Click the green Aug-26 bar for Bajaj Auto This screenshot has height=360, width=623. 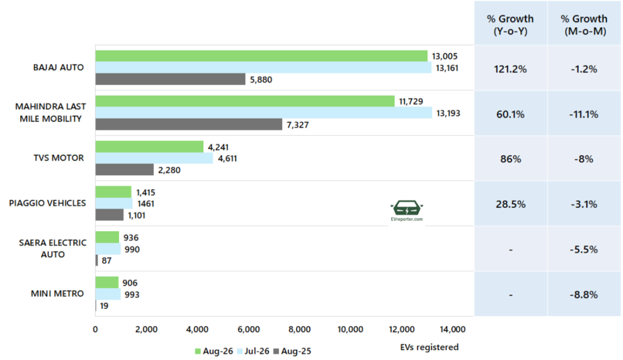click(x=262, y=56)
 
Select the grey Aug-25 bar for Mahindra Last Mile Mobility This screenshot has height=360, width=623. click(x=189, y=125)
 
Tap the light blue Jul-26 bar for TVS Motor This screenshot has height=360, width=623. click(x=154, y=158)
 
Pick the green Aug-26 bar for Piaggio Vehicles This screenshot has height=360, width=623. click(x=113, y=192)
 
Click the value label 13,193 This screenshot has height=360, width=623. click(x=448, y=113)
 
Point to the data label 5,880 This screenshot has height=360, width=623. click(x=261, y=80)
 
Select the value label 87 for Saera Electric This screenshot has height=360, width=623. click(x=106, y=261)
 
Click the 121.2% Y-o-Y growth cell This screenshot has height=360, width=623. click(x=510, y=69)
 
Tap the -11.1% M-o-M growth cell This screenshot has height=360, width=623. click(x=583, y=114)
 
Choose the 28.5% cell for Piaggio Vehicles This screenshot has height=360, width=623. click(x=510, y=204)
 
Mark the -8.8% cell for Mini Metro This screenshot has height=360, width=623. click(x=583, y=295)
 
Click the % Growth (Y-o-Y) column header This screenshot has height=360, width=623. click(x=510, y=25)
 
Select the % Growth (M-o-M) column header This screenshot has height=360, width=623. click(x=584, y=25)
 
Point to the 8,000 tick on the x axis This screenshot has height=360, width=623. click(x=299, y=330)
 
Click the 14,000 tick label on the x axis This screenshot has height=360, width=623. click(x=453, y=330)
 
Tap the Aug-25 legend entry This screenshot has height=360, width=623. click(x=293, y=351)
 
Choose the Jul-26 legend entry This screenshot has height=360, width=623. click(x=253, y=351)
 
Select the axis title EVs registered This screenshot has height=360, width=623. click(x=429, y=347)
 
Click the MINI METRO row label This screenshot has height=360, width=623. click(x=57, y=294)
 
